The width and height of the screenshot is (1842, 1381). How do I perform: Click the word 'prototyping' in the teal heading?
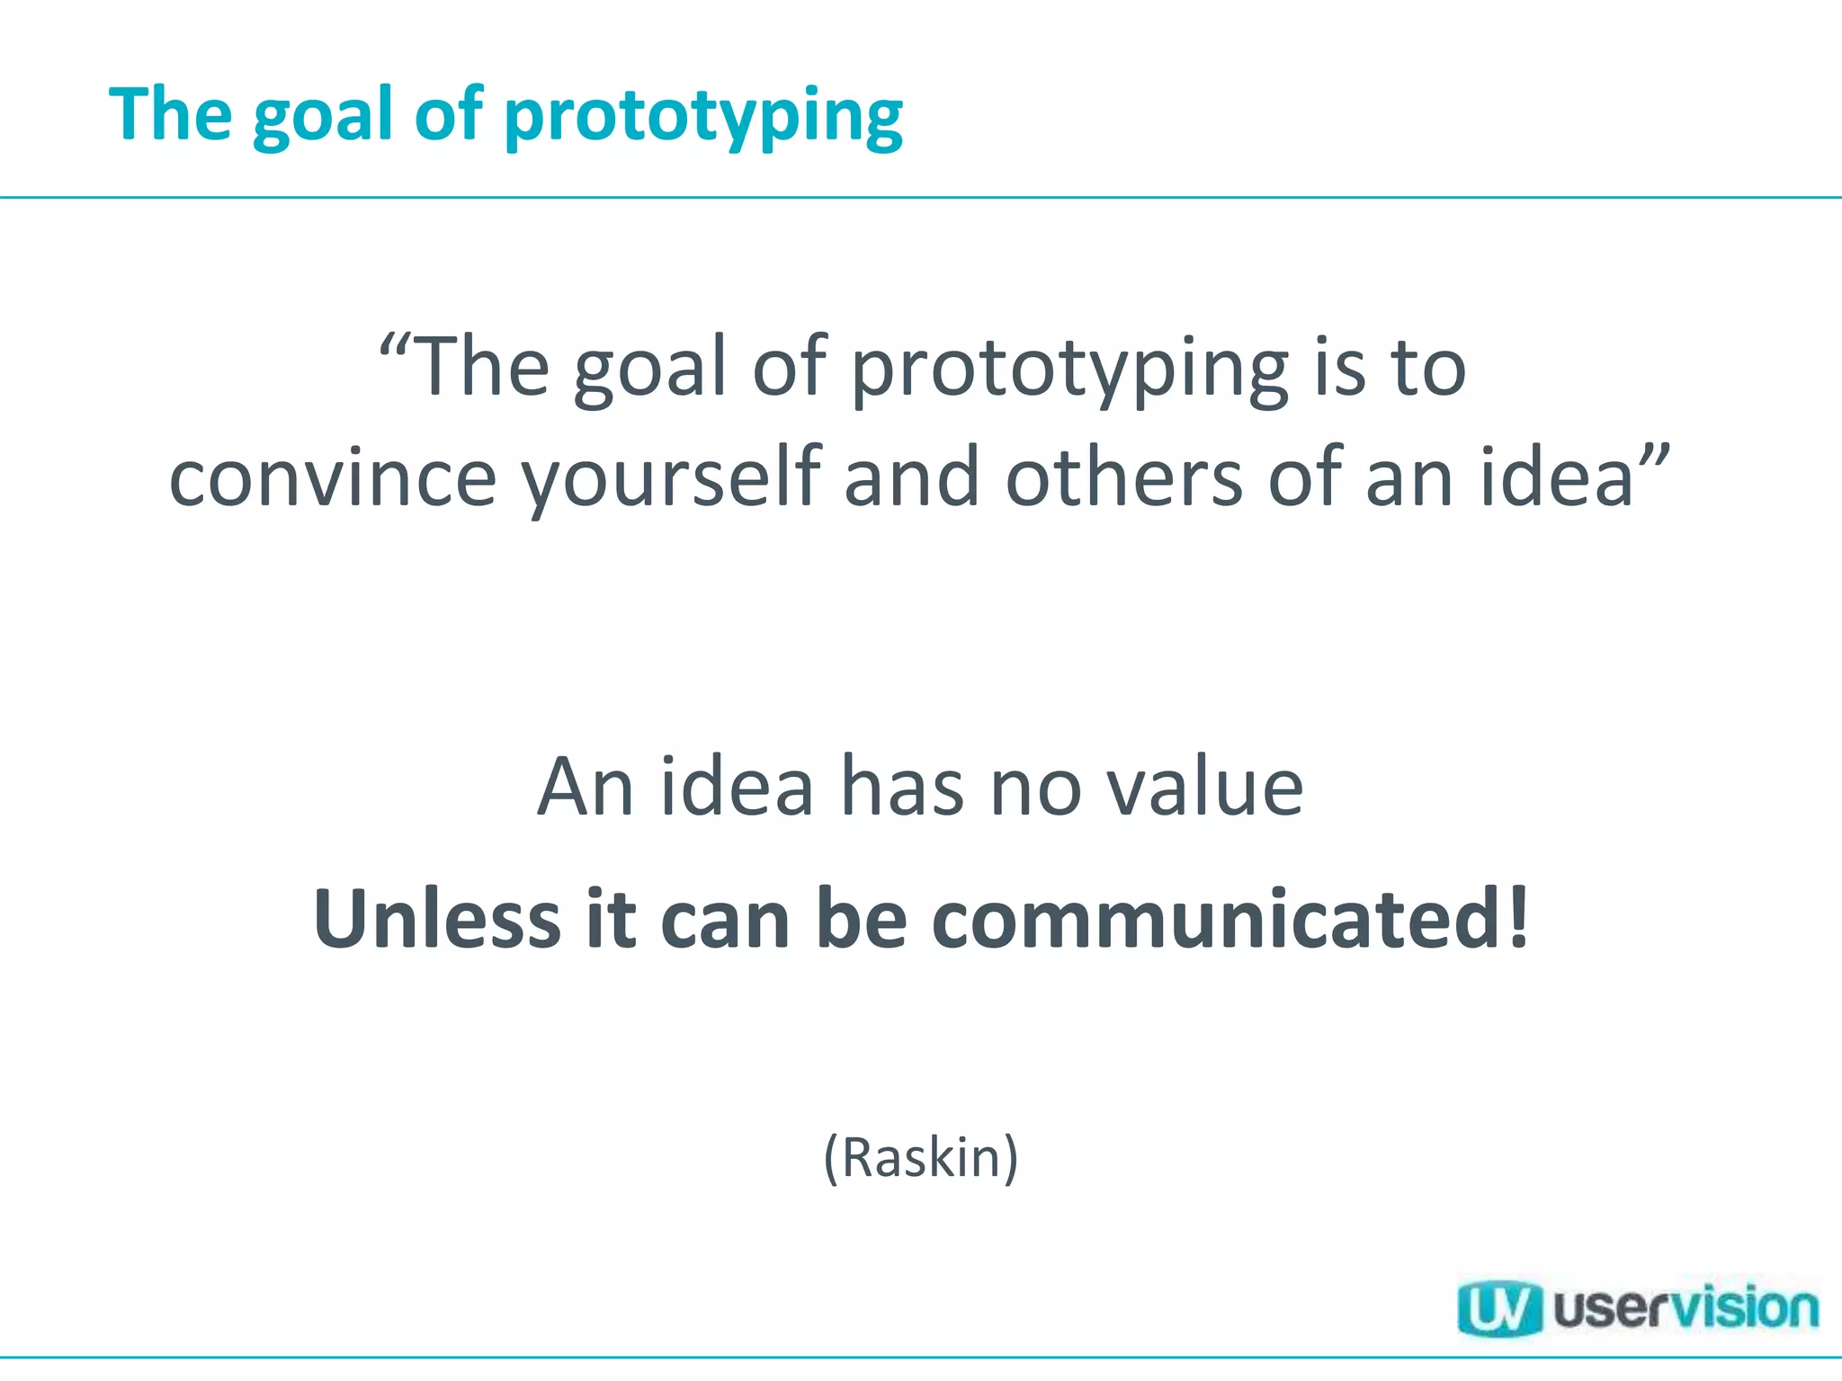coord(703,117)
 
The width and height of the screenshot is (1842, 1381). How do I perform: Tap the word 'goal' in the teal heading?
coord(323,117)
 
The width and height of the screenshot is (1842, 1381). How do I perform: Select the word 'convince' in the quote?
coord(333,478)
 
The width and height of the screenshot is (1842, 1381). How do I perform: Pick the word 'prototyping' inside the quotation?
coord(1069,369)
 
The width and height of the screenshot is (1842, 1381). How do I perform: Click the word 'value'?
coord(1204,788)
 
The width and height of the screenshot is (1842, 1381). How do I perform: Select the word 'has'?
coord(902,788)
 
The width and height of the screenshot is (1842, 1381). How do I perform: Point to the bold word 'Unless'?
coord(437,919)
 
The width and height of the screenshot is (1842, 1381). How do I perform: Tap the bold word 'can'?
coord(725,919)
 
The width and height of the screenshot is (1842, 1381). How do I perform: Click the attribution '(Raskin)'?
coord(921,1157)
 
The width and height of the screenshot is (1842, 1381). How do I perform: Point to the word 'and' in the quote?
coord(911,478)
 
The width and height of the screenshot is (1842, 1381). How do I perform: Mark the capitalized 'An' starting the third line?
coord(586,788)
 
